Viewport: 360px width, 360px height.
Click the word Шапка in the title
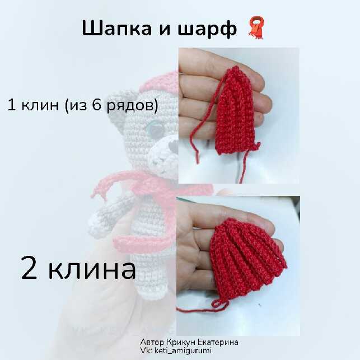click(117, 29)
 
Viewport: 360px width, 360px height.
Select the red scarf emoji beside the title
click(256, 27)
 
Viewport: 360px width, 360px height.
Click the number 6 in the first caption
click(97, 105)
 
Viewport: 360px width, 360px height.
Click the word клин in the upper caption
click(40, 105)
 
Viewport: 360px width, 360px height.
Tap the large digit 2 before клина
click(29, 267)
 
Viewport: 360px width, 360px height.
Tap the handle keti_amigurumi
click(183, 350)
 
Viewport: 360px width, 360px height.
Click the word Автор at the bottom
click(152, 342)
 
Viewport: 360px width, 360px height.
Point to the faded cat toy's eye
click(156, 128)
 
